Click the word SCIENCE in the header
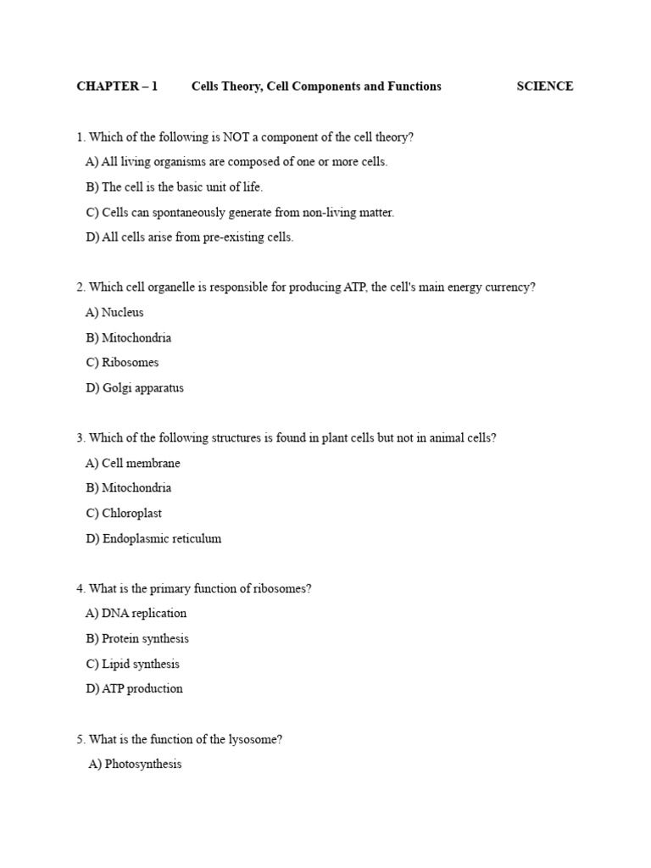544,86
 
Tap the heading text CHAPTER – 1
117,86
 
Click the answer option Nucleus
122,313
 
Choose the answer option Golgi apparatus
142,388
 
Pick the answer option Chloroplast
131,514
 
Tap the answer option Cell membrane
141,464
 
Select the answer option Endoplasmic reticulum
161,539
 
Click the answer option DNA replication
144,614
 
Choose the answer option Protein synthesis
145,639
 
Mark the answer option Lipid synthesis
140,665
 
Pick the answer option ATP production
142,689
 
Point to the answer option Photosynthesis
142,765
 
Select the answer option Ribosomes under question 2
130,363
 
